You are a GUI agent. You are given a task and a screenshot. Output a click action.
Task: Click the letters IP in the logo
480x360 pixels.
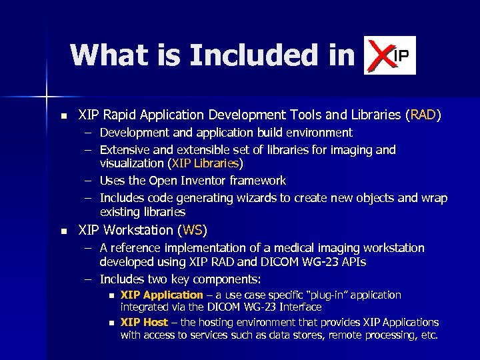click(x=402, y=55)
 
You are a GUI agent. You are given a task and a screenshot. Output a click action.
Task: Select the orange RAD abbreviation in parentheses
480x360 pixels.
click(x=423, y=115)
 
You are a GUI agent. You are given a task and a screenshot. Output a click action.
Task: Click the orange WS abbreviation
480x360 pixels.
click(x=192, y=231)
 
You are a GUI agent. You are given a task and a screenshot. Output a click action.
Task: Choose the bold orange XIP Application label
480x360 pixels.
click(x=161, y=295)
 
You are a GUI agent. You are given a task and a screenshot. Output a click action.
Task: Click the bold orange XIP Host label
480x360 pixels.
click(x=144, y=323)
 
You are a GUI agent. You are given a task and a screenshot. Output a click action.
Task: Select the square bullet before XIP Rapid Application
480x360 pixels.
click(x=63, y=116)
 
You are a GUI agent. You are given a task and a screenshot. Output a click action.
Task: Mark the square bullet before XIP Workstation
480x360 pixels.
click(x=63, y=231)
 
